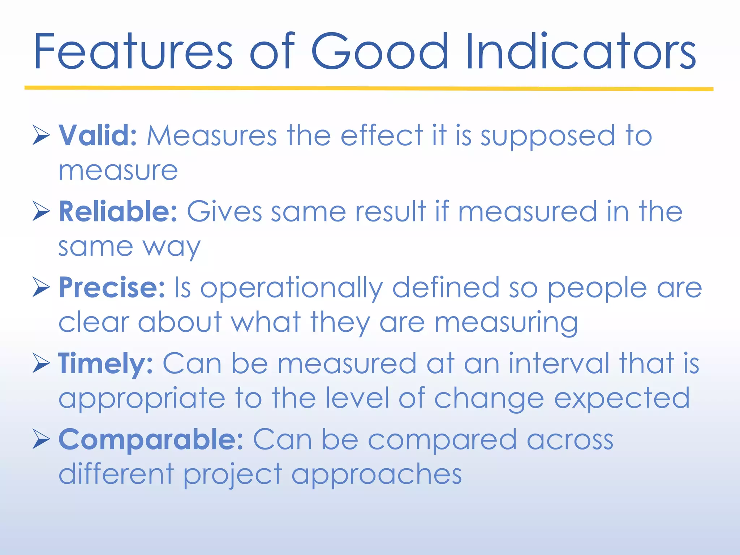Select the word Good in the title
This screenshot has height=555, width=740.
(380, 51)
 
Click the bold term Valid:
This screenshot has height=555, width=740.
(98, 135)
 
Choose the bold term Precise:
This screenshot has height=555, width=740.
(112, 288)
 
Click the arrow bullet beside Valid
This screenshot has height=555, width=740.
(41, 135)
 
